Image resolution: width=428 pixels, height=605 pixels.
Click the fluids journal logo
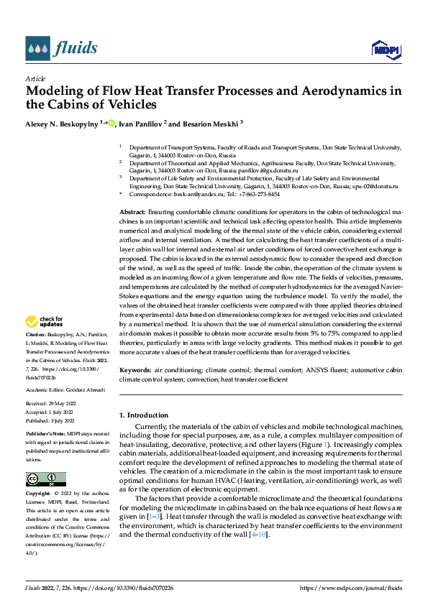pos(61,48)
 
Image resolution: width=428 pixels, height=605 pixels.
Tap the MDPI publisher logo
pos(386,49)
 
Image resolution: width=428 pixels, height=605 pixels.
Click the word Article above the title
pos(35,78)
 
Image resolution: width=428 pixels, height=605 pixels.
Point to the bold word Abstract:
pos(132,213)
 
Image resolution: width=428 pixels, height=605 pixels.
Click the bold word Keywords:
pos(135,369)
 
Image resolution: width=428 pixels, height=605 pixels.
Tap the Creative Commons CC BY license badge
pos(45,479)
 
